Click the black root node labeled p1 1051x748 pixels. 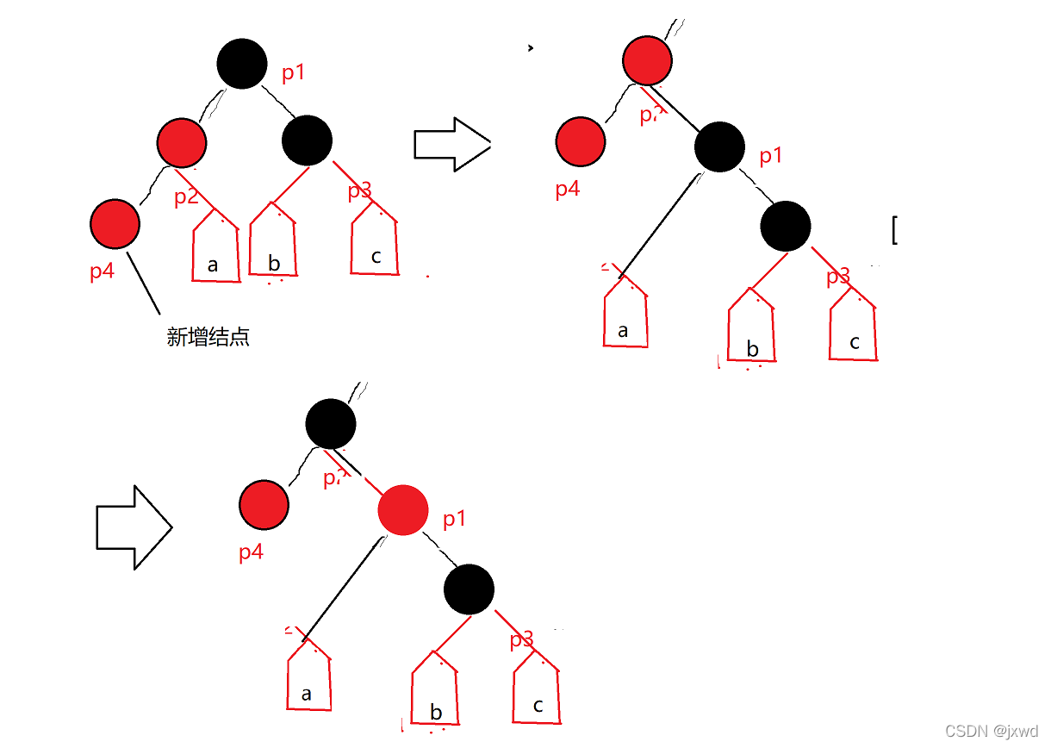(242, 64)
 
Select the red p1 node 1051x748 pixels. (403, 509)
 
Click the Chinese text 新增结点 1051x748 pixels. (208, 337)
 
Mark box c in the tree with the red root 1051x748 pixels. (853, 333)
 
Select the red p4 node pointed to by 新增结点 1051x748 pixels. (115, 224)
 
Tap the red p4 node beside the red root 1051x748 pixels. (581, 142)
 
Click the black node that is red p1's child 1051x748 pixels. (470, 589)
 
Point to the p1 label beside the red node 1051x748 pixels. (454, 520)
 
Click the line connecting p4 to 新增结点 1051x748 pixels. (144, 283)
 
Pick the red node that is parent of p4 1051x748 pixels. (182, 142)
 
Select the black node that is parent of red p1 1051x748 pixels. (331, 423)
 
